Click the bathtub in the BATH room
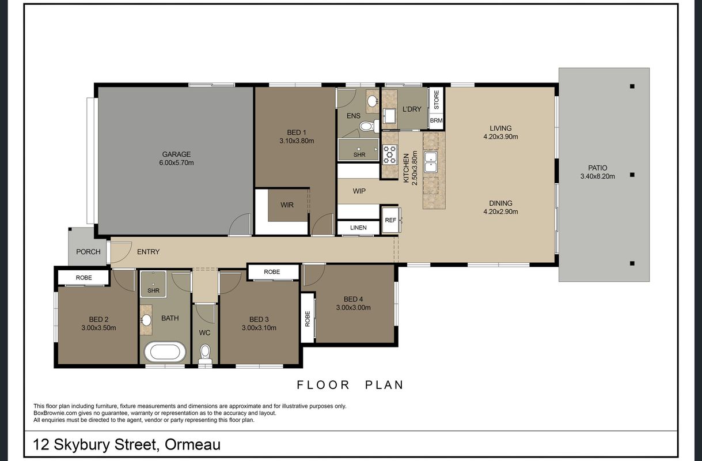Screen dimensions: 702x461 [165, 352]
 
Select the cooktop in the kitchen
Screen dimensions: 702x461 [390, 154]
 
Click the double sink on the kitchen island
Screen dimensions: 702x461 [431, 162]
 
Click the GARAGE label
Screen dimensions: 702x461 [176, 154]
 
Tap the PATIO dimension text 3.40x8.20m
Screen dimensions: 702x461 [597, 176]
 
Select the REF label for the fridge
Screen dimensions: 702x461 [390, 220]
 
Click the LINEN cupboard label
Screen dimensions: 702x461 [358, 228]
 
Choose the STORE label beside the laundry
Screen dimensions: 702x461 [437, 100]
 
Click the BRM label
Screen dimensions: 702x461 [436, 120]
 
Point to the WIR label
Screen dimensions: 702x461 [287, 205]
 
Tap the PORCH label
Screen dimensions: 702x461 [88, 251]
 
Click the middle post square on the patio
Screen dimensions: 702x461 [632, 175]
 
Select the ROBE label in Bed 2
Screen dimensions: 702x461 [84, 278]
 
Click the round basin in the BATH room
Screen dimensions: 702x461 [146, 320]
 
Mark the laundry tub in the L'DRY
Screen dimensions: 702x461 [390, 116]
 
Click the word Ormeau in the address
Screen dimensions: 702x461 [193, 444]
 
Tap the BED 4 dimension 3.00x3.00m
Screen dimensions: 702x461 [353, 308]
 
